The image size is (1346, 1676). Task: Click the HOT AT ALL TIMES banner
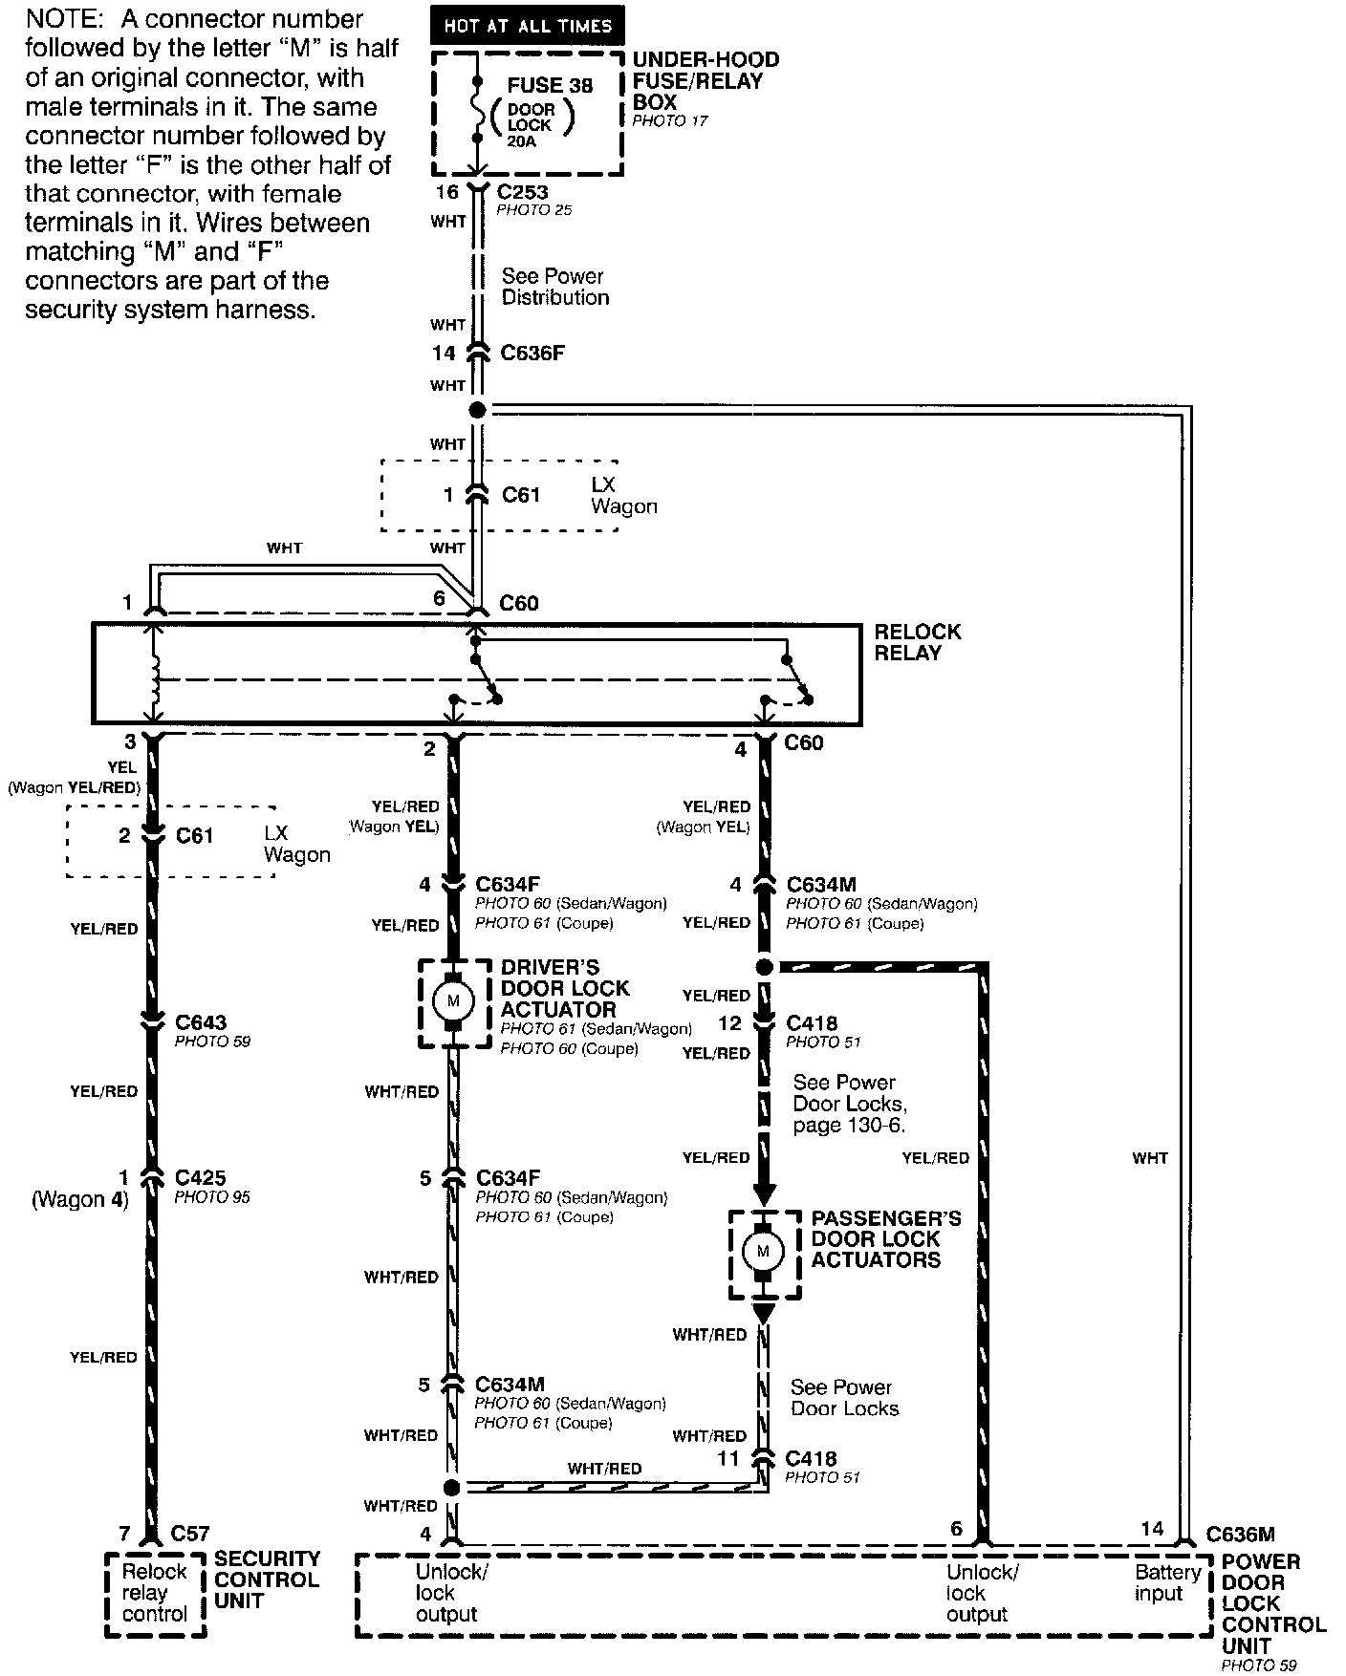coord(527,26)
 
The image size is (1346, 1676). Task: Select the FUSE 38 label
coord(550,85)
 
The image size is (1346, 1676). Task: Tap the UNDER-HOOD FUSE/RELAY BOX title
coord(706,80)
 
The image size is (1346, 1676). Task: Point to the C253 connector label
coord(522,192)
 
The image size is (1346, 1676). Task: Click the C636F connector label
coord(532,354)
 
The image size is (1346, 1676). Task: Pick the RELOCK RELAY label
coord(917,642)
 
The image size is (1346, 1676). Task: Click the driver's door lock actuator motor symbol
coord(453,1001)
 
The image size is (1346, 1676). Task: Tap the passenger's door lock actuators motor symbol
coord(763,1251)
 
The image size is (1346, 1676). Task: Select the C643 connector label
coord(201,1022)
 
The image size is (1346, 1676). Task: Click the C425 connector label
coord(201,1178)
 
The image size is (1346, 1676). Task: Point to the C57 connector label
coord(189,1534)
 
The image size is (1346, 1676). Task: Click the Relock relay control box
coord(155,1593)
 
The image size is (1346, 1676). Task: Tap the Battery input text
coord(1167,1582)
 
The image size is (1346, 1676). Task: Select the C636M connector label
coord(1240,1535)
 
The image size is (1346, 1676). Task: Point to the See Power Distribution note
coord(554,287)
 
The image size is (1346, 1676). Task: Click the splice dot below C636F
coord(477,410)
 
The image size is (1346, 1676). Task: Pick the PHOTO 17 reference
coord(669,121)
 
